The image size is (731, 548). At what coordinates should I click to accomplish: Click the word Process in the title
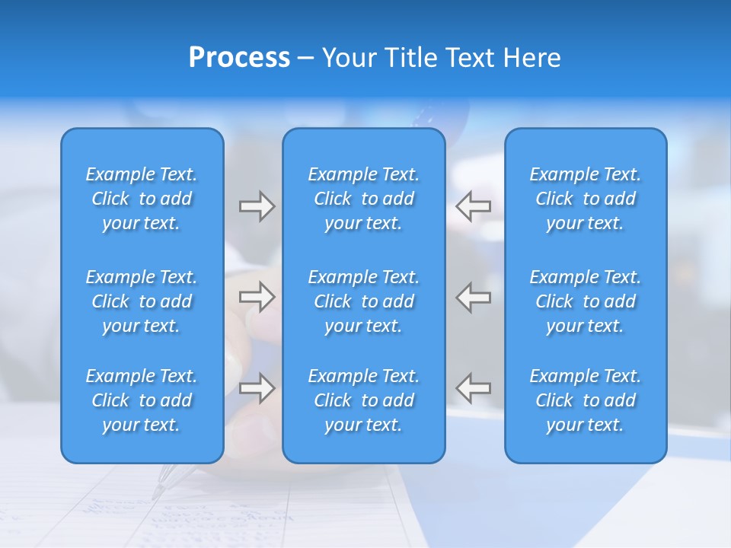coord(239,58)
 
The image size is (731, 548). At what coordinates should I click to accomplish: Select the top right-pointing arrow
coord(257,206)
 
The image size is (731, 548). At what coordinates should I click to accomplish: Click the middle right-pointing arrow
coord(257,297)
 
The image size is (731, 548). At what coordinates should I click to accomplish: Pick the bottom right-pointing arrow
coord(257,388)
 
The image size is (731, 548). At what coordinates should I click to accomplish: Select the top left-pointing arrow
coord(473,206)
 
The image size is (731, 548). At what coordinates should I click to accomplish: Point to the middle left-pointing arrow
coord(473,297)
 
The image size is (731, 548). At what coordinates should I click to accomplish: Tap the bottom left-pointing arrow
coord(473,388)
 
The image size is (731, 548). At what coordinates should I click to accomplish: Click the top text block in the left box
coord(142,199)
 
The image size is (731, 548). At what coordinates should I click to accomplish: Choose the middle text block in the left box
coord(142,301)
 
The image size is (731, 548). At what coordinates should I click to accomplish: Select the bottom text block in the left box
coord(142,400)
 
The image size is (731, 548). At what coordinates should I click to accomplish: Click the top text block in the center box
coord(363,199)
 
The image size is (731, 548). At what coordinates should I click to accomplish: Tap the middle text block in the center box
coord(363,301)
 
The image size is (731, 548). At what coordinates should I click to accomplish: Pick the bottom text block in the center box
coord(363,400)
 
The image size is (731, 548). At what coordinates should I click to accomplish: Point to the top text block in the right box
coord(586,199)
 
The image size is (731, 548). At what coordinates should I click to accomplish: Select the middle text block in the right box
coord(586,301)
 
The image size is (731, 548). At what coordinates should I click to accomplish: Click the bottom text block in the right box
coord(586,400)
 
